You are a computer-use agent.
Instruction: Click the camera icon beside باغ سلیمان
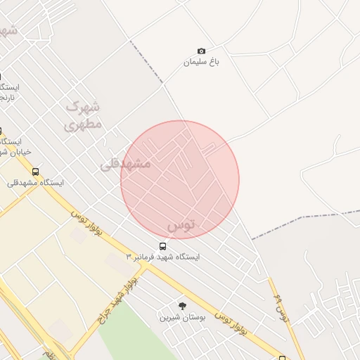pyautogui.click(x=202, y=51)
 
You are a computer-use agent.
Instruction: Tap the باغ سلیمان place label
pyautogui.click(x=202, y=62)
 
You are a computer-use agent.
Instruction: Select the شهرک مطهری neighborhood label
pyautogui.click(x=84, y=115)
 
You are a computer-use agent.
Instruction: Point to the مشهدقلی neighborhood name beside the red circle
pyautogui.click(x=126, y=164)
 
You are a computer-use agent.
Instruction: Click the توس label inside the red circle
pyautogui.click(x=181, y=225)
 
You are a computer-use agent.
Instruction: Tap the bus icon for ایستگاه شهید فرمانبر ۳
pyautogui.click(x=163, y=246)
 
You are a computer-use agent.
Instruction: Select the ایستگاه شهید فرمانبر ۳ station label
pyautogui.click(x=163, y=257)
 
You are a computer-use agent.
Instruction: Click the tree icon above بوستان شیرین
pyautogui.click(x=182, y=306)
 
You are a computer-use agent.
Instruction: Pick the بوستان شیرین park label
pyautogui.click(x=182, y=317)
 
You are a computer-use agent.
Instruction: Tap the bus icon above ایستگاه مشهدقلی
pyautogui.click(x=35, y=172)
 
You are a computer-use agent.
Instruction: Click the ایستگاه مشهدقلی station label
pyautogui.click(x=35, y=183)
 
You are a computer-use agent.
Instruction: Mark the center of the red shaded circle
pyautogui.click(x=180, y=180)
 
